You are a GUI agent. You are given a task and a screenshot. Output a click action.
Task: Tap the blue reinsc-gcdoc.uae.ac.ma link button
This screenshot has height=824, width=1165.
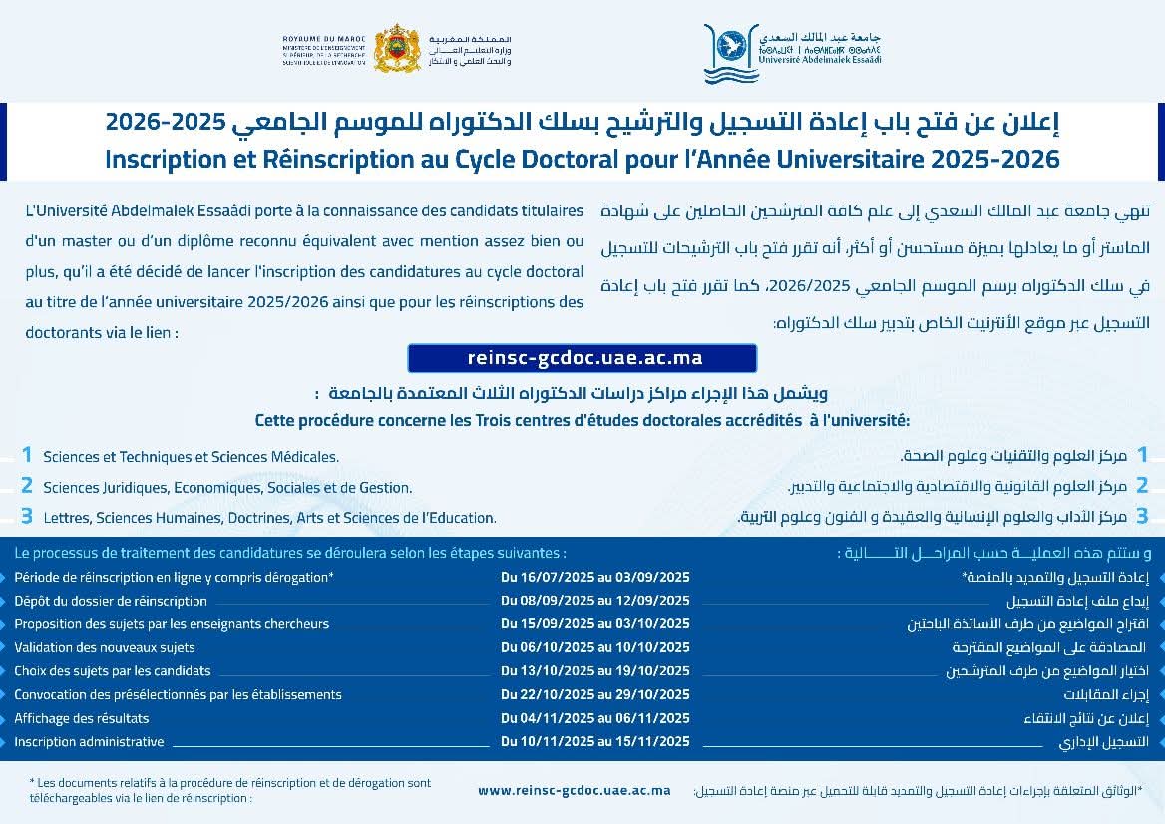[x=582, y=358]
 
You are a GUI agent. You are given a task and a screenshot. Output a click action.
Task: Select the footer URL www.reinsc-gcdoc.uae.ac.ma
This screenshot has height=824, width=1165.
[x=574, y=790]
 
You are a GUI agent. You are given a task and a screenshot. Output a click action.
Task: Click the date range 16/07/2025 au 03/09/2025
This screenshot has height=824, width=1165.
[x=594, y=577]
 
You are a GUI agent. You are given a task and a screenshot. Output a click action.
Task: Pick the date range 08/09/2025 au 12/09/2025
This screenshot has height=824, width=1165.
[x=594, y=601]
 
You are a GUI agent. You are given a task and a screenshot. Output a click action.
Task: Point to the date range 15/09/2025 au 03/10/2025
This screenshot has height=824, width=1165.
[x=594, y=624]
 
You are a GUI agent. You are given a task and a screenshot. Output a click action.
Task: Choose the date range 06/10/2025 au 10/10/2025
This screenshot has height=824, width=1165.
[x=594, y=647]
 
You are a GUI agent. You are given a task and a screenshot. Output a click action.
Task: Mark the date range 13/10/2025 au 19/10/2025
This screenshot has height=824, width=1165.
[x=594, y=671]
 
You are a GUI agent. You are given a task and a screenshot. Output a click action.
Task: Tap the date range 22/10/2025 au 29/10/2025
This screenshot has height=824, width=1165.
[x=594, y=695]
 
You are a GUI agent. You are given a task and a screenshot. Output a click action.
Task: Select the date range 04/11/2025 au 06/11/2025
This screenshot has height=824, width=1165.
[x=594, y=718]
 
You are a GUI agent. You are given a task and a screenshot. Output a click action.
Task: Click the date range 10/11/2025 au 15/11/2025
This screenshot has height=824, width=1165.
[x=594, y=741]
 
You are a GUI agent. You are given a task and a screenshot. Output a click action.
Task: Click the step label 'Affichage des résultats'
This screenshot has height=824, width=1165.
[x=82, y=718]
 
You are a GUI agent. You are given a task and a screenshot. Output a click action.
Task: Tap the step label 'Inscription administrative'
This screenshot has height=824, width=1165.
[x=89, y=741]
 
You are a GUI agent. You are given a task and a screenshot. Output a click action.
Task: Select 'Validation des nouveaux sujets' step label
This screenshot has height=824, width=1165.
[x=105, y=647]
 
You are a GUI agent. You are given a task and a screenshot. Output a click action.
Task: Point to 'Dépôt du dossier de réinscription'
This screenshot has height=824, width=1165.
[x=111, y=601]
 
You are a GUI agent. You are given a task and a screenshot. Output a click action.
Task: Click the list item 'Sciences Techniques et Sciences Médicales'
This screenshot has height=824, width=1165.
[x=191, y=457]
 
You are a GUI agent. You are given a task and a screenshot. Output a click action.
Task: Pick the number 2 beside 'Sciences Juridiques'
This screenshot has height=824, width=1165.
[x=27, y=486]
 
